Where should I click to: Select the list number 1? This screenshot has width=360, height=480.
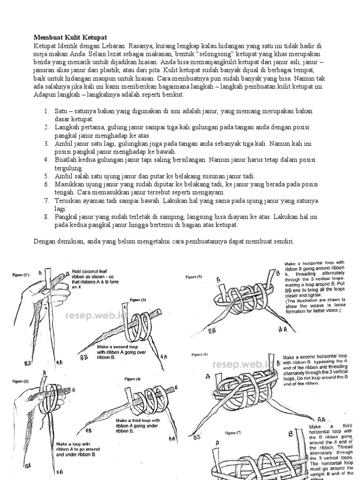coord(46,111)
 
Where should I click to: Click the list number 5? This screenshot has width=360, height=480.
coord(46,176)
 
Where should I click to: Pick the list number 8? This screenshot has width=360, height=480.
coord(46,217)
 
